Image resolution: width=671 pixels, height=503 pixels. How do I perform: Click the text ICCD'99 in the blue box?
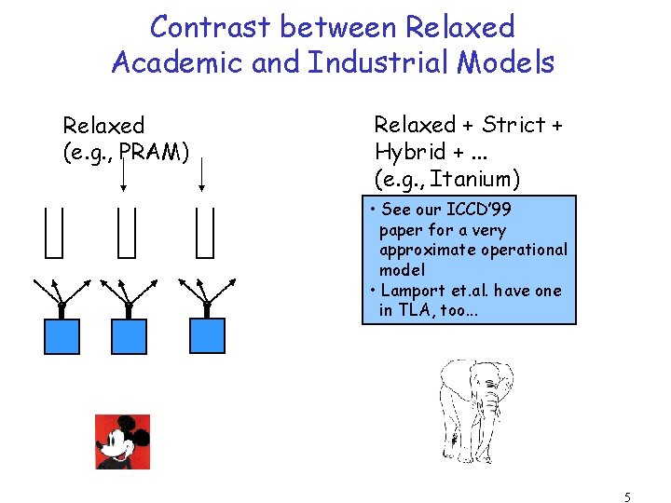pos(478,211)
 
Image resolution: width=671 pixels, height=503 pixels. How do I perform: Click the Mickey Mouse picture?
pos(123,442)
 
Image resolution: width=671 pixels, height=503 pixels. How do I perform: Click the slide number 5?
pos(628,497)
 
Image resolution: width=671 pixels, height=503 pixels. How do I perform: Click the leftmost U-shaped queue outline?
pos(54,232)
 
